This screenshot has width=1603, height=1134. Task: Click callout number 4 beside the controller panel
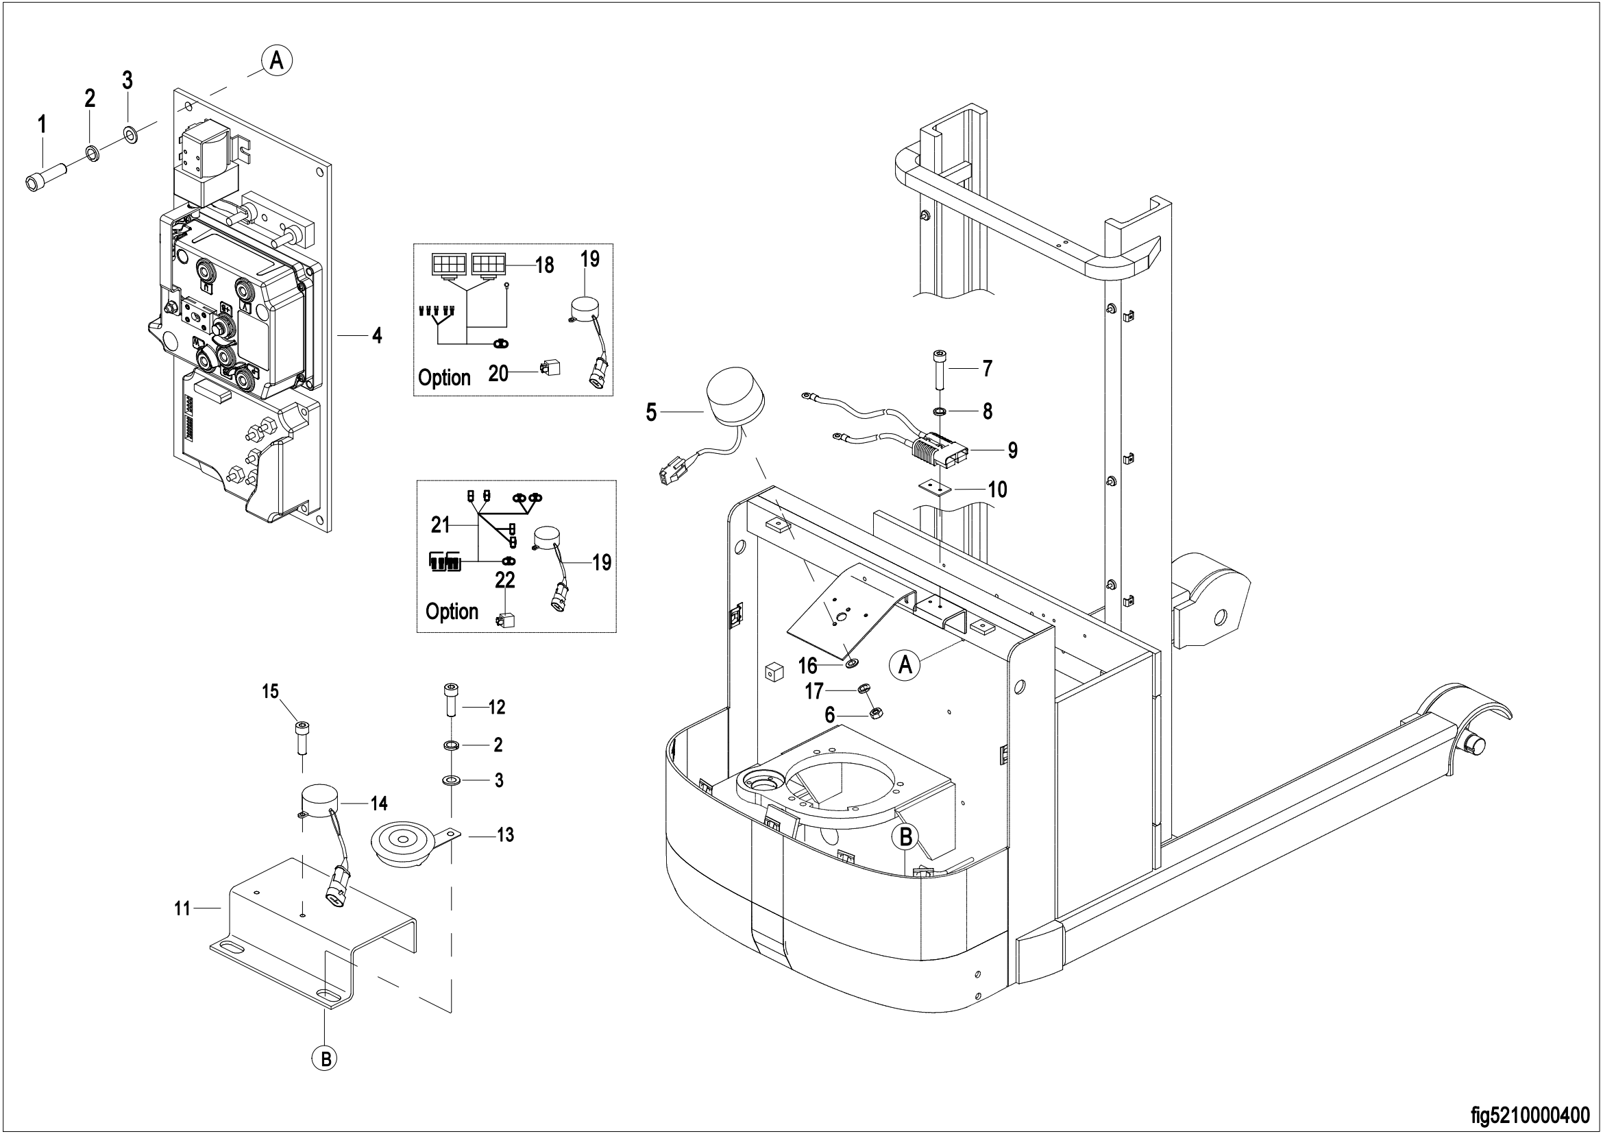[x=377, y=336]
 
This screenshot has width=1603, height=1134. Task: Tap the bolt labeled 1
[x=45, y=176]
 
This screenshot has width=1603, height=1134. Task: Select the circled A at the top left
[x=276, y=61]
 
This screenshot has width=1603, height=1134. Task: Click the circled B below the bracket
[x=325, y=1059]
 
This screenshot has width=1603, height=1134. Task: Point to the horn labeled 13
[x=413, y=844]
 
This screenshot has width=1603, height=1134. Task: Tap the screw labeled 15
[x=301, y=738]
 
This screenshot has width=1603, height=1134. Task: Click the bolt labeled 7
[x=939, y=371]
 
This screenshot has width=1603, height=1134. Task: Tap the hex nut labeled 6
[x=873, y=713]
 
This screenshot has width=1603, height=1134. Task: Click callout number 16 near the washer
[x=808, y=665]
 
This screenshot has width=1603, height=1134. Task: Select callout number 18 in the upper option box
[x=545, y=265]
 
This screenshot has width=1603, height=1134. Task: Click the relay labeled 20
[x=549, y=370]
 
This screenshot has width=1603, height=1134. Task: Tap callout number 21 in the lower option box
[x=441, y=524]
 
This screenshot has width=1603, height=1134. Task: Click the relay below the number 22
[x=506, y=618]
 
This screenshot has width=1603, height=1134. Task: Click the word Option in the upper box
[x=444, y=378]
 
